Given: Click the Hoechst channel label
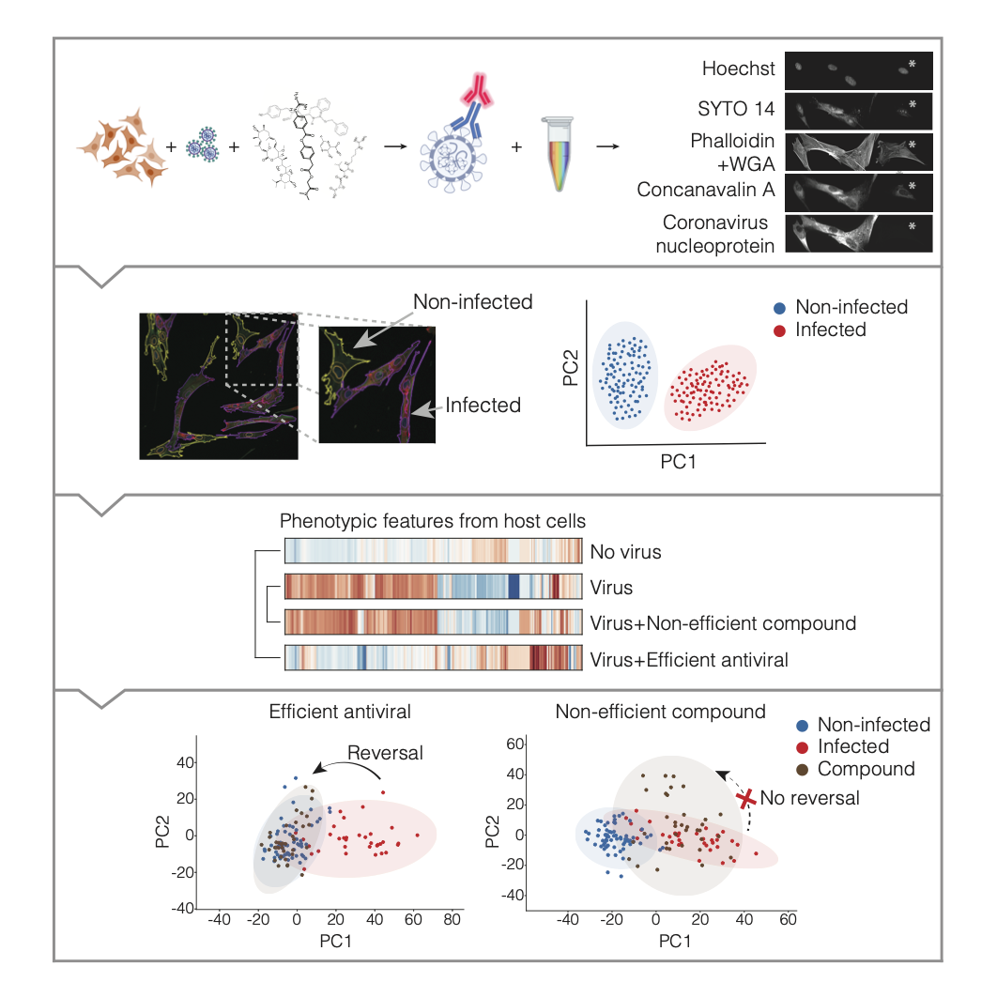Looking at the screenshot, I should (738, 69).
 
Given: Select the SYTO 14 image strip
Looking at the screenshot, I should (858, 110).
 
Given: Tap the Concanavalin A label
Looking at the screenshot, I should (705, 190).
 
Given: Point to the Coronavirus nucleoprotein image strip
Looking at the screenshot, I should (858, 234).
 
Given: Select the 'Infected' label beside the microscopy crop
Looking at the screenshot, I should (483, 406).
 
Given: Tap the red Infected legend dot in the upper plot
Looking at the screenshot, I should (779, 330).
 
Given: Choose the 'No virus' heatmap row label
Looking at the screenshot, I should (625, 551).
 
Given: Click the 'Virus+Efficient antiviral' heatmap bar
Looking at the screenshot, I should (433, 658).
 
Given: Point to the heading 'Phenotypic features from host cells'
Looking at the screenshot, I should (433, 522).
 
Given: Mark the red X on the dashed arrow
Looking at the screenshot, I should (746, 800).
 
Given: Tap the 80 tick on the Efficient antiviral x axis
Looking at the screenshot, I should (453, 920).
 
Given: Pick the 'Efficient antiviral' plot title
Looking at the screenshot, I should (340, 711).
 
